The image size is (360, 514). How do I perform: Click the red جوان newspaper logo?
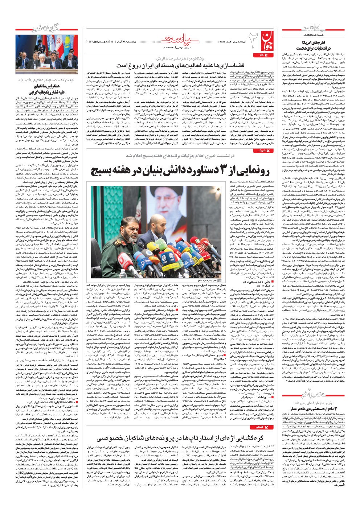point(261,42)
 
